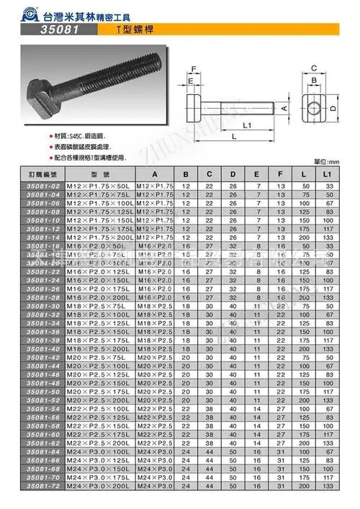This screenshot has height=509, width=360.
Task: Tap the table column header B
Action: point(186,174)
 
